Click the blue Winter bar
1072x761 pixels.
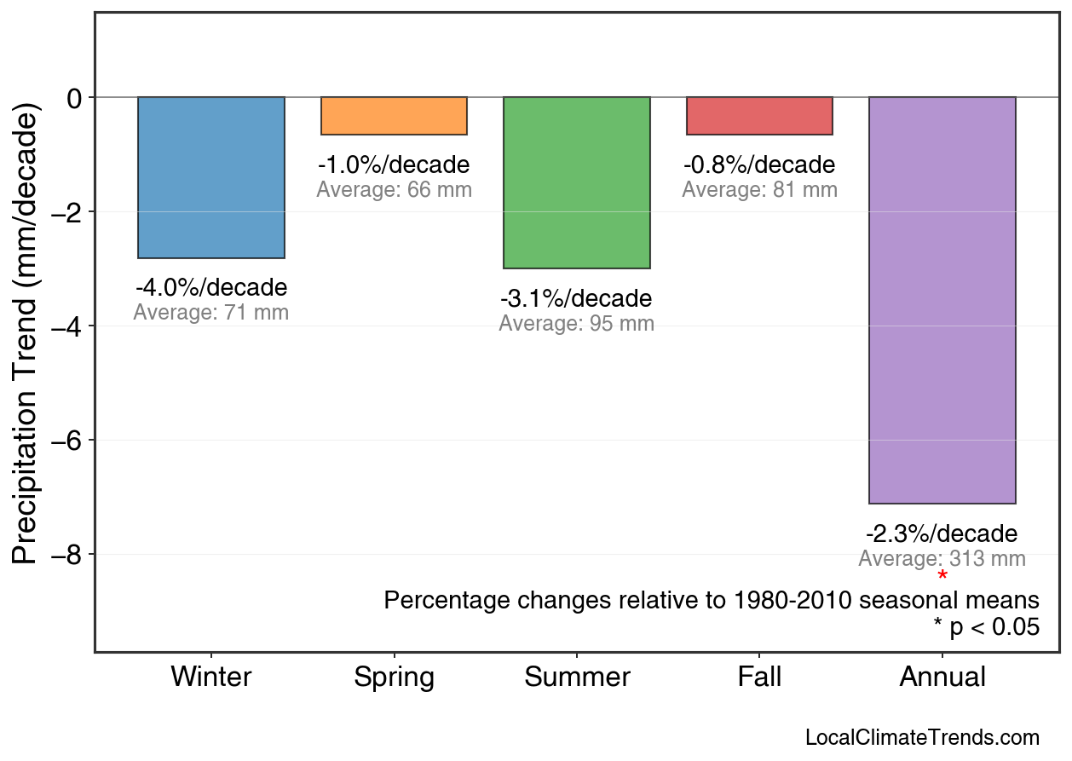pos(211,177)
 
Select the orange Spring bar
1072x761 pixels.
pos(394,116)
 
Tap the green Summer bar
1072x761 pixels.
pos(577,182)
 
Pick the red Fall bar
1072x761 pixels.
pos(759,116)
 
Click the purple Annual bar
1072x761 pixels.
pos(942,300)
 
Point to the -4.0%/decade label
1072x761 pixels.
pos(211,287)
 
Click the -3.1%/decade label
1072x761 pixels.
pos(576,299)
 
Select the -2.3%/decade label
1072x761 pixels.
pos(942,534)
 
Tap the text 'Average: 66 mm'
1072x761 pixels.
pos(394,190)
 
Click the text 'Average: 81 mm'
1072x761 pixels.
pos(759,190)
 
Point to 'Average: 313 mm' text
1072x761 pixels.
pos(942,559)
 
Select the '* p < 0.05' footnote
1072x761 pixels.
pos(986,627)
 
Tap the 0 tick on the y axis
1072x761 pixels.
pos(74,98)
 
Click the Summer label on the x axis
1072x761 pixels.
pos(577,677)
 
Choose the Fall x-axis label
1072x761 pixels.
pos(759,677)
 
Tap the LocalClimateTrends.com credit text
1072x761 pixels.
pos(922,738)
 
